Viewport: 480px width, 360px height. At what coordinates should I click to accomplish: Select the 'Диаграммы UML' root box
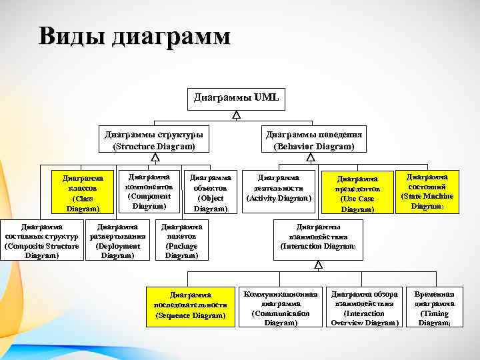point(237,97)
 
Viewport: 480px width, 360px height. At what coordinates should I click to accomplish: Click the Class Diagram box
point(83,193)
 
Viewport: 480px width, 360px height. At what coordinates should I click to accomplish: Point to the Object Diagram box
point(211,193)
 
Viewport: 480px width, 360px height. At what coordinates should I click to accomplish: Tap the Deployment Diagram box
point(117,241)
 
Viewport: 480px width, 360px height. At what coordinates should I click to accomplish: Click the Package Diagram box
point(181,241)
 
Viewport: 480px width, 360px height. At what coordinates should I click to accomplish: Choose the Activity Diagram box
point(279,188)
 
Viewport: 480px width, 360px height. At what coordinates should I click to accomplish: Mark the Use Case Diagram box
point(357,193)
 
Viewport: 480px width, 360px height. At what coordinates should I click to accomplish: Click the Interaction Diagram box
point(318,236)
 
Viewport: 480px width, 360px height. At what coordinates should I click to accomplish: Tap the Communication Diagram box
point(281,308)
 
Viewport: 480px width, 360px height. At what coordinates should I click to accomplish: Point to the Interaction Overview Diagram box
point(365,308)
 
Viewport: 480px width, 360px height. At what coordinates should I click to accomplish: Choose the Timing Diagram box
point(435,308)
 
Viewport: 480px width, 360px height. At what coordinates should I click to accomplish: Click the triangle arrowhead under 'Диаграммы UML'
point(237,115)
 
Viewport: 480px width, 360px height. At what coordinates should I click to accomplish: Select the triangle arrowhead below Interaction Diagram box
point(318,265)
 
